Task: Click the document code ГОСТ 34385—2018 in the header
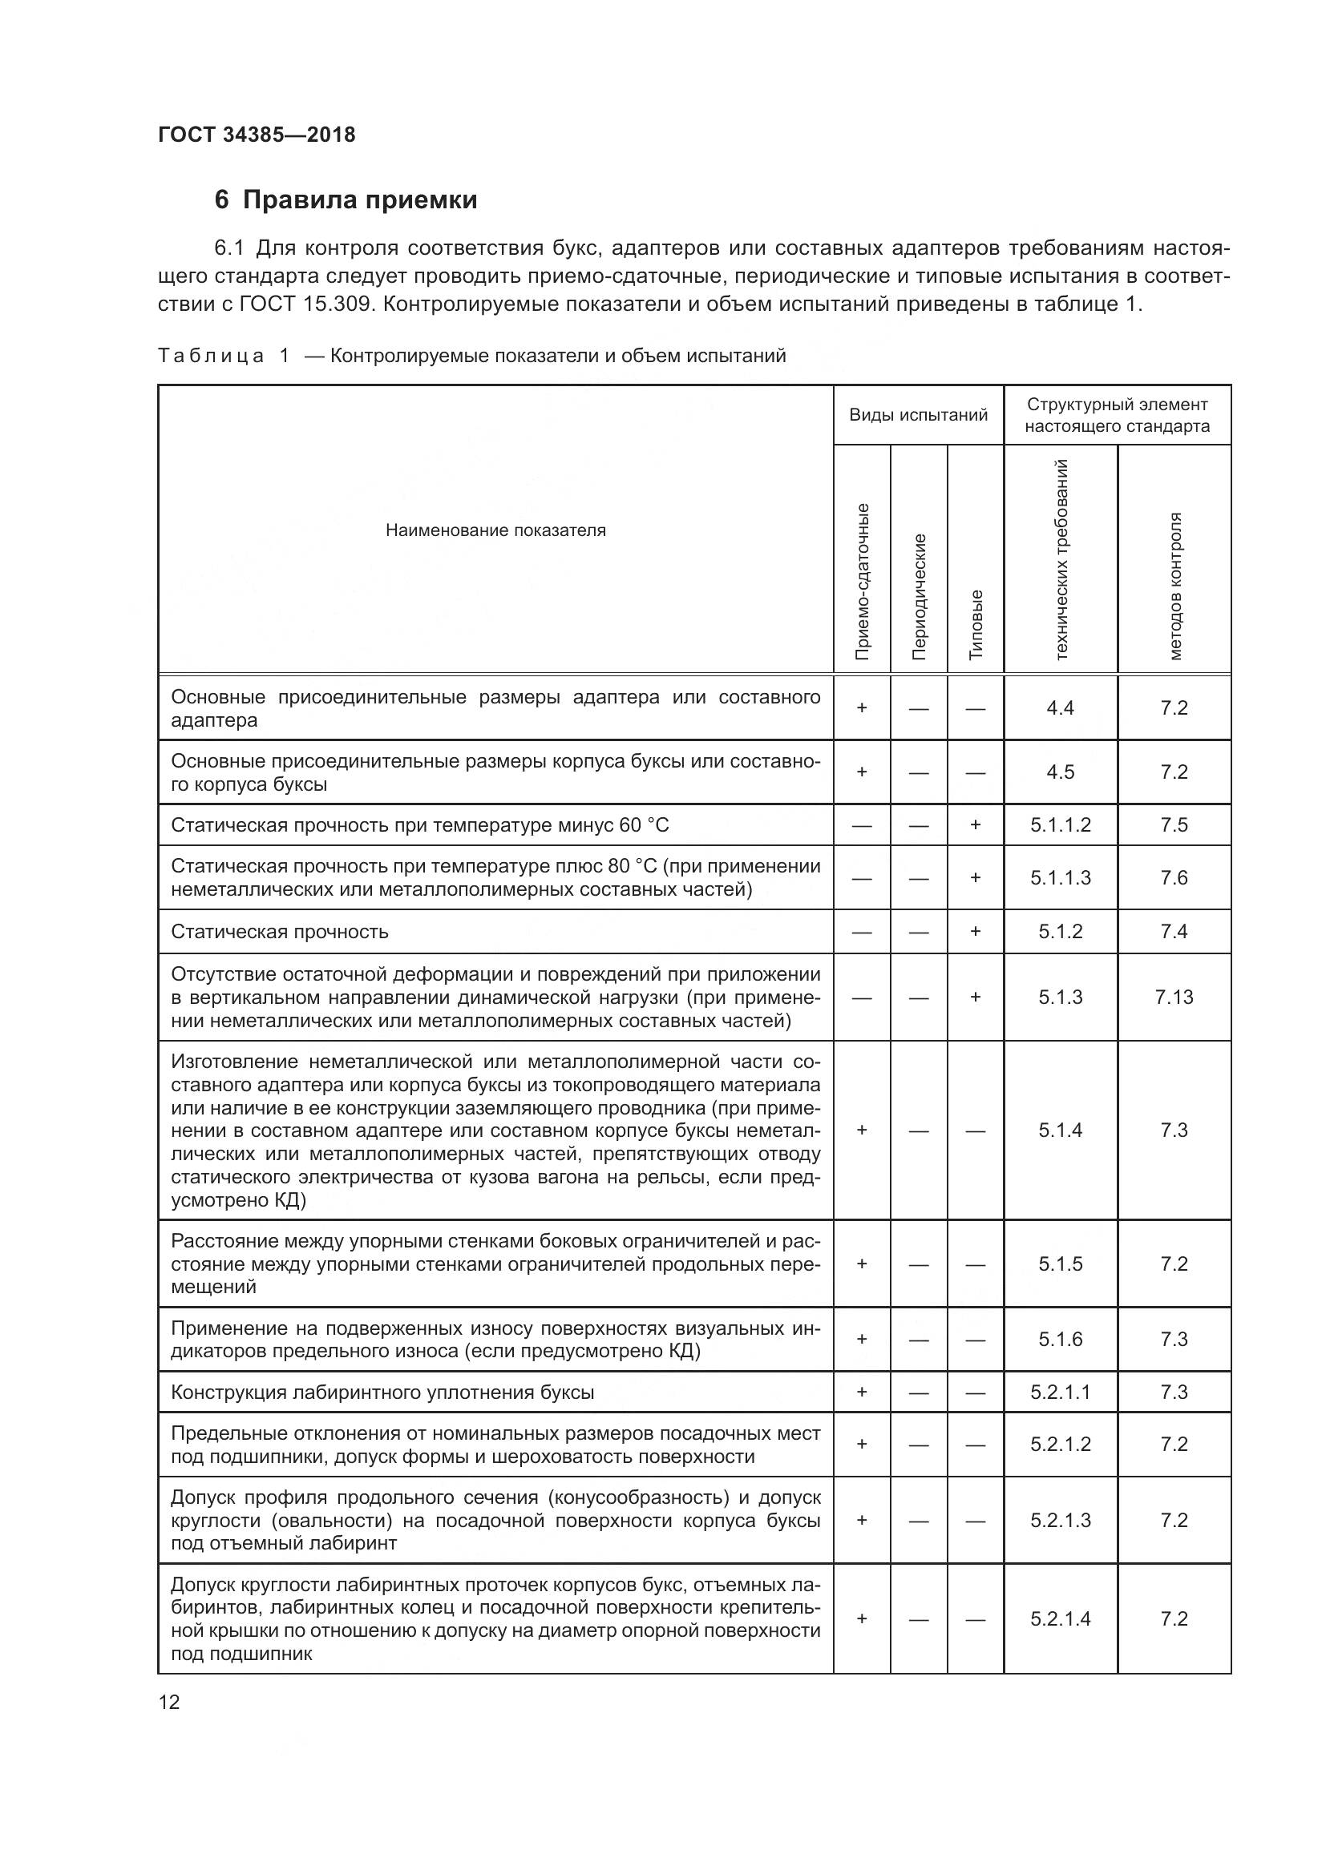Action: pyautogui.click(x=257, y=135)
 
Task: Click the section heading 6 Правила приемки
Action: pyautogui.click(x=346, y=200)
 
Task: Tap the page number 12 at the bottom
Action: pyautogui.click(x=169, y=1702)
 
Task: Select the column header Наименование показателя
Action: pyautogui.click(x=495, y=530)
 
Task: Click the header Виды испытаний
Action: pyautogui.click(x=918, y=415)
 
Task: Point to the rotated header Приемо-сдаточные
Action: pyautogui.click(x=861, y=581)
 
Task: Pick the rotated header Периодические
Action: pyautogui.click(x=919, y=596)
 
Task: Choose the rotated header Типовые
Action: pyautogui.click(x=976, y=624)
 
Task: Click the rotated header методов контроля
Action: pyautogui.click(x=1174, y=586)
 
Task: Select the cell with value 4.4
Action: pyautogui.click(x=1060, y=708)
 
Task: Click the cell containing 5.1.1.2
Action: pyautogui.click(x=1060, y=825)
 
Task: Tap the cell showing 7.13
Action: pyautogui.click(x=1174, y=997)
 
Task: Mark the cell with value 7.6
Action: pyautogui.click(x=1174, y=878)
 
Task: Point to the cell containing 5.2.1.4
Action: pyautogui.click(x=1060, y=1618)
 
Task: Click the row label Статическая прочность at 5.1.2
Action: pyautogui.click(x=279, y=932)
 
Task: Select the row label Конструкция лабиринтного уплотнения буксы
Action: pyautogui.click(x=382, y=1392)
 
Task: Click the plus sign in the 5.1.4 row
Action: pyautogui.click(x=861, y=1130)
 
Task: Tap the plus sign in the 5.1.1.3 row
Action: pyautogui.click(x=975, y=878)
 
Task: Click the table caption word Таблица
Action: pyautogui.click(x=211, y=356)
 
